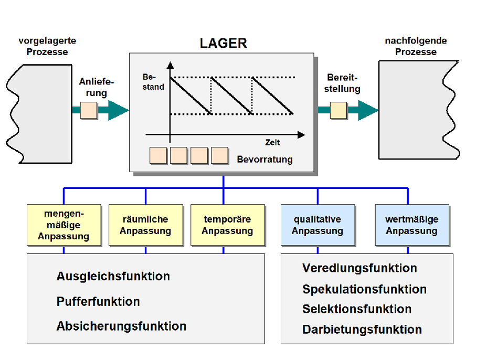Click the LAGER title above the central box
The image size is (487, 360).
[223, 43]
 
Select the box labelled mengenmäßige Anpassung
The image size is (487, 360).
[63, 225]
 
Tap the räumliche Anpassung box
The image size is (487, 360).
[145, 225]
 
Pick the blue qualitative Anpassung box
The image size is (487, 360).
[317, 225]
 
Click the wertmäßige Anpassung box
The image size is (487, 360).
[412, 225]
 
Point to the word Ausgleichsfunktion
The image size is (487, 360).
[113, 276]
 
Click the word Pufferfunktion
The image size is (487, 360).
[98, 302]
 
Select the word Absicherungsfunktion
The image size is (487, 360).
[121, 326]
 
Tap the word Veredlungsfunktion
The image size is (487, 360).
[359, 268]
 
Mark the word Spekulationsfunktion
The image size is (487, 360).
[364, 289]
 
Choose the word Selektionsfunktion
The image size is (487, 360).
[357, 309]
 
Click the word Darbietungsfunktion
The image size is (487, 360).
[362, 330]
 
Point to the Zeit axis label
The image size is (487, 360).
[272, 142]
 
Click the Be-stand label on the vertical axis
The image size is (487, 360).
[153, 82]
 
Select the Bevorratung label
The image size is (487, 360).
[264, 159]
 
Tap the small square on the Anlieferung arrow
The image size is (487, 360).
[89, 110]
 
